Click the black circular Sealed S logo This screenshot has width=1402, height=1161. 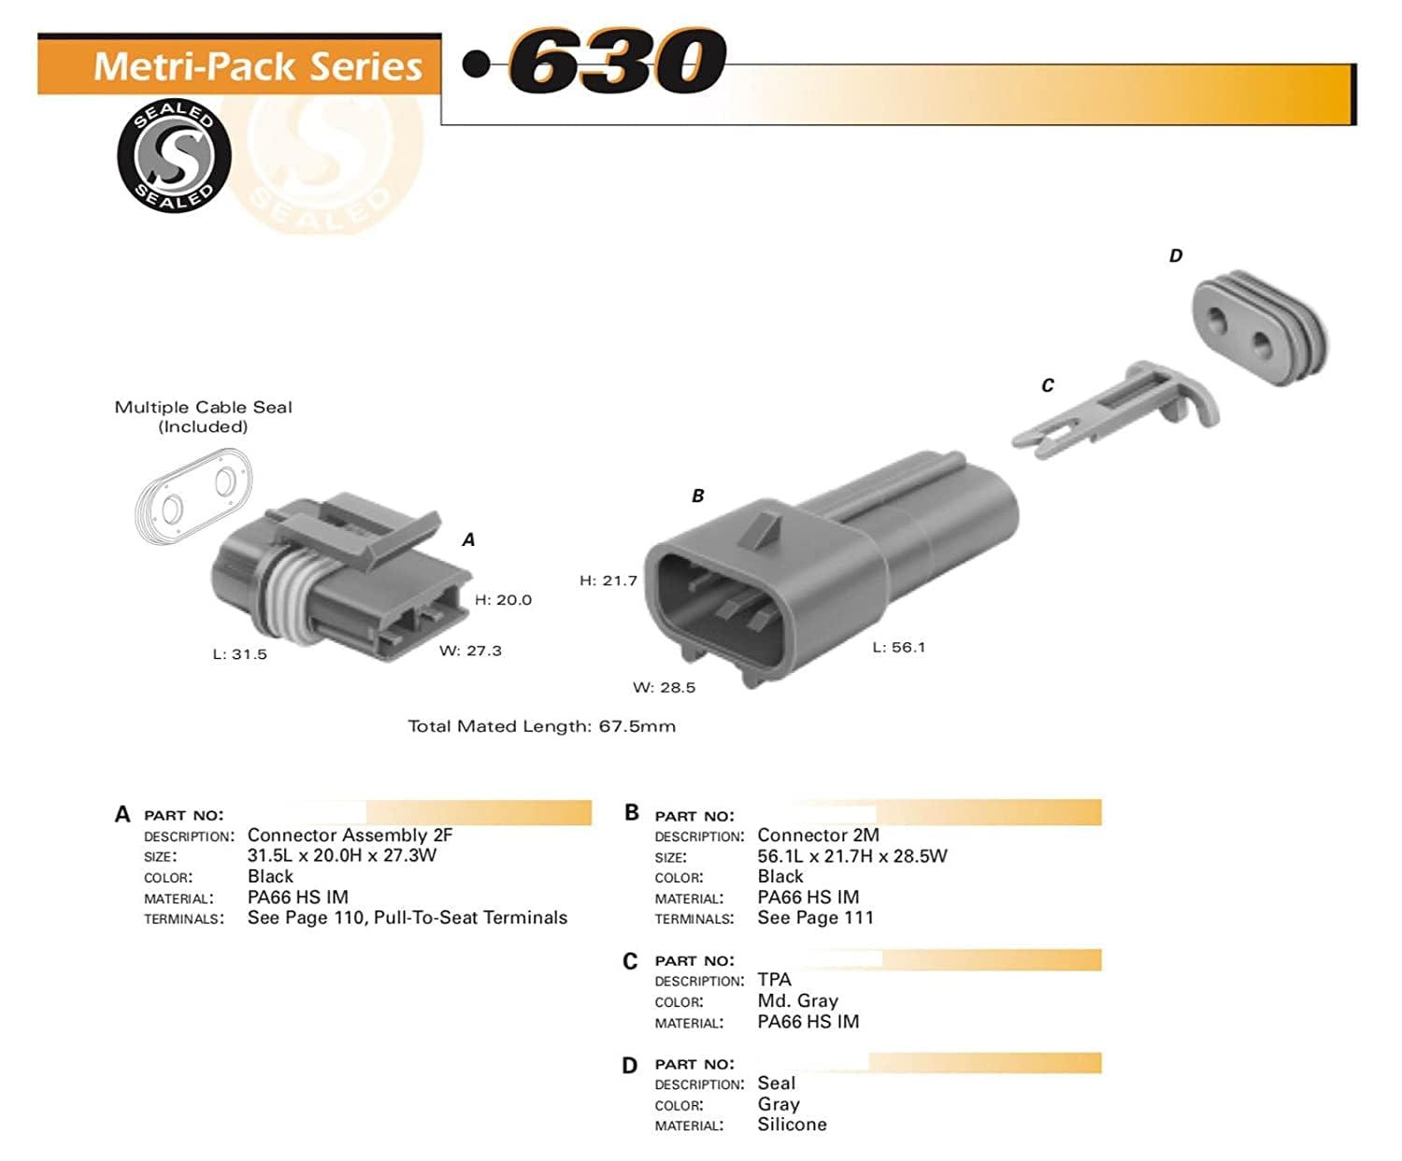(174, 156)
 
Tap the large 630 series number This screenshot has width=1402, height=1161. (617, 60)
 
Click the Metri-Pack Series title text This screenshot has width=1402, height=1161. (258, 66)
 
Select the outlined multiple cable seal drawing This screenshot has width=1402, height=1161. (193, 496)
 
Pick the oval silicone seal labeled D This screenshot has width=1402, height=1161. (1260, 328)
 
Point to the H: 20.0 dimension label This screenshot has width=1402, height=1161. (503, 599)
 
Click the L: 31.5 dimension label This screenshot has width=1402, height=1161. (239, 654)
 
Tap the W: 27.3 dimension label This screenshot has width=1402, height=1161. (470, 651)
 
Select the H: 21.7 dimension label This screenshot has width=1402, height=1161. (608, 580)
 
